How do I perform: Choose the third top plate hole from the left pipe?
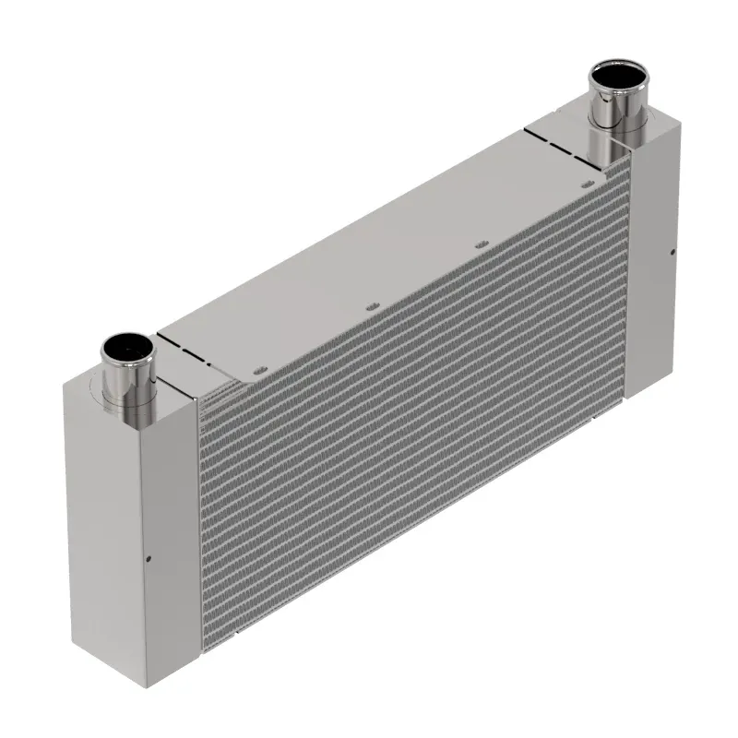pos(479,244)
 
